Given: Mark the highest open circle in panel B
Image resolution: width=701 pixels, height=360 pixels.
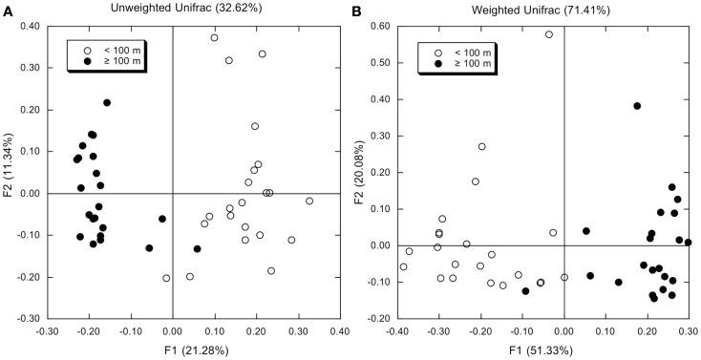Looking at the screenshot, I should [x=549, y=34].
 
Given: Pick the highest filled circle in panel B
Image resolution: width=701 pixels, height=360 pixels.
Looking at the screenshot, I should [x=637, y=106].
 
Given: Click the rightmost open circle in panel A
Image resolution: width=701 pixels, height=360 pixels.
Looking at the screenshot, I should [x=309, y=201].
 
